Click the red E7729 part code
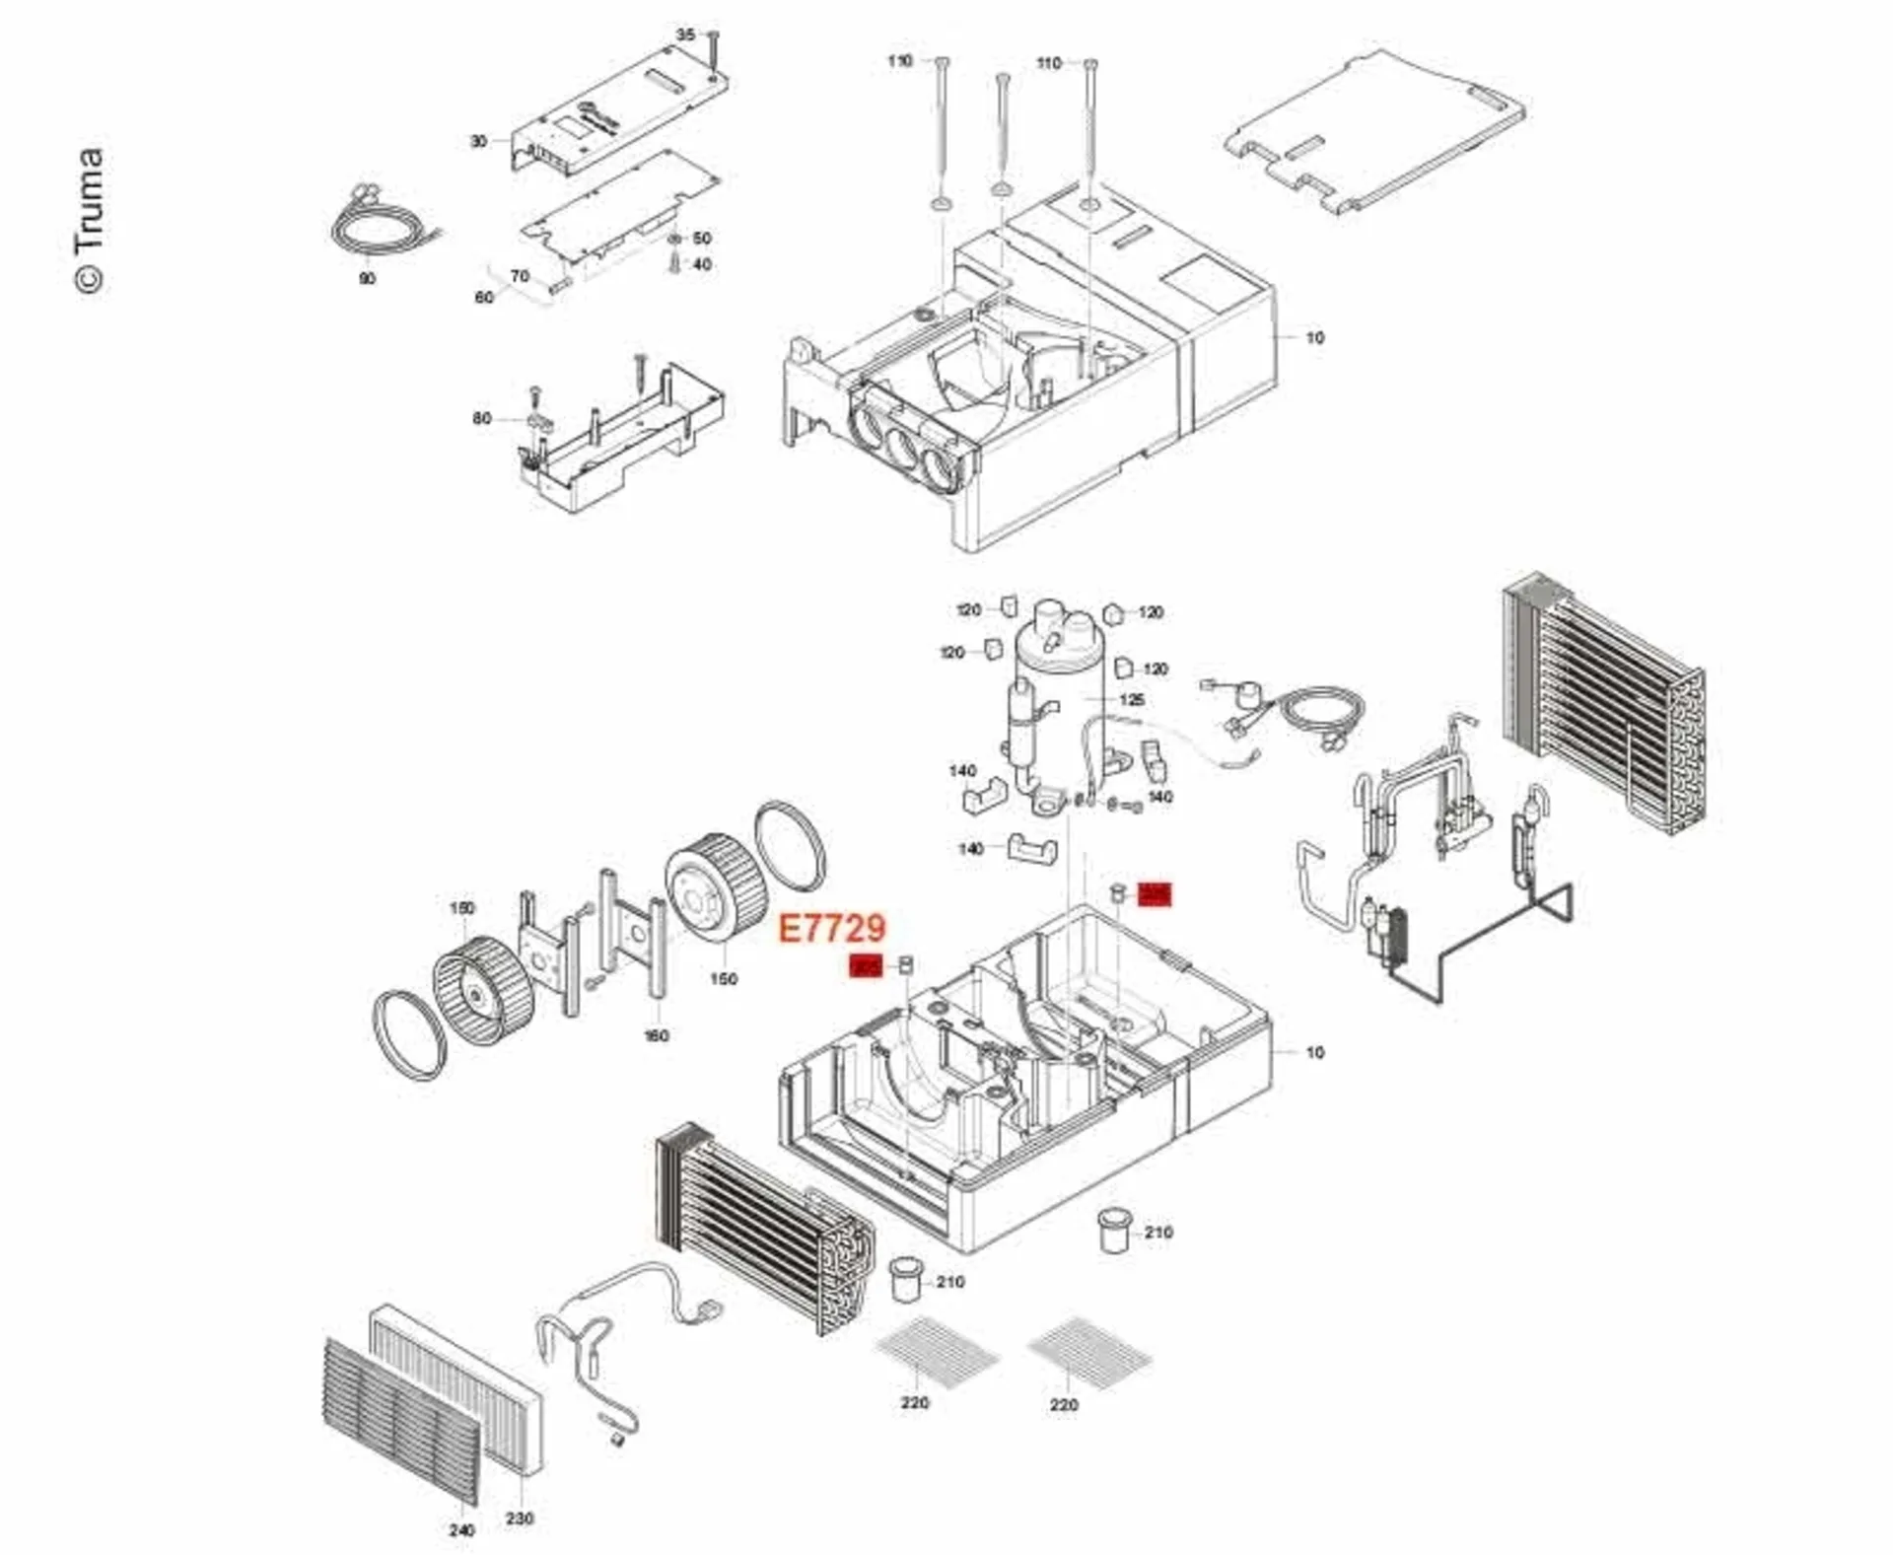[x=832, y=928]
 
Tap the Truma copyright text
[x=89, y=220]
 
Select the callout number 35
[x=685, y=35]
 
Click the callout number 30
[x=478, y=141]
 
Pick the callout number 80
[x=481, y=418]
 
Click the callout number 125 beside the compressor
[x=1132, y=699]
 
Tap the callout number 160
[x=656, y=1035]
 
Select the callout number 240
[x=461, y=1530]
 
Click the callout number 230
[x=520, y=1519]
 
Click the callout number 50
[x=702, y=239]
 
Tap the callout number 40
[x=702, y=264]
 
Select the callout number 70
[x=520, y=276]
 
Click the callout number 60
[x=484, y=297]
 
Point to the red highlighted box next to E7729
[x=866, y=966]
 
